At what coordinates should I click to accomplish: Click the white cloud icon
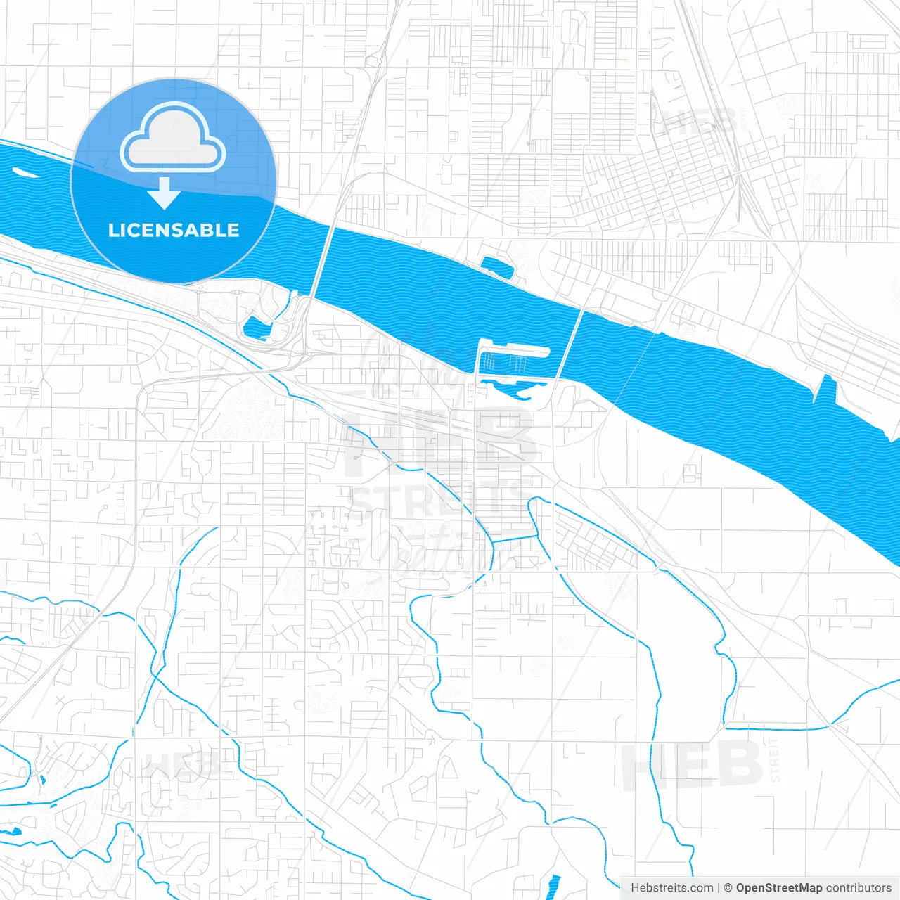(x=173, y=138)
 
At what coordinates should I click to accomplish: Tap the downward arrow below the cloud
(x=165, y=193)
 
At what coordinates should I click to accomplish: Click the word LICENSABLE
(x=173, y=231)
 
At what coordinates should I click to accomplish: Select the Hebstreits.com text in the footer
(x=671, y=888)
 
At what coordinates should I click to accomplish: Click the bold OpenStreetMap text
(x=779, y=888)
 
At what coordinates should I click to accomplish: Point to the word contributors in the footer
(x=859, y=888)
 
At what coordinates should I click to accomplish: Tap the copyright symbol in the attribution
(x=728, y=888)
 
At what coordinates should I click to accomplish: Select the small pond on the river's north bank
(x=497, y=266)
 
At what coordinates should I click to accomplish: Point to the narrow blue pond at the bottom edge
(x=554, y=885)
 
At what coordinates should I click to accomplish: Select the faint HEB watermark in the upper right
(x=700, y=121)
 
